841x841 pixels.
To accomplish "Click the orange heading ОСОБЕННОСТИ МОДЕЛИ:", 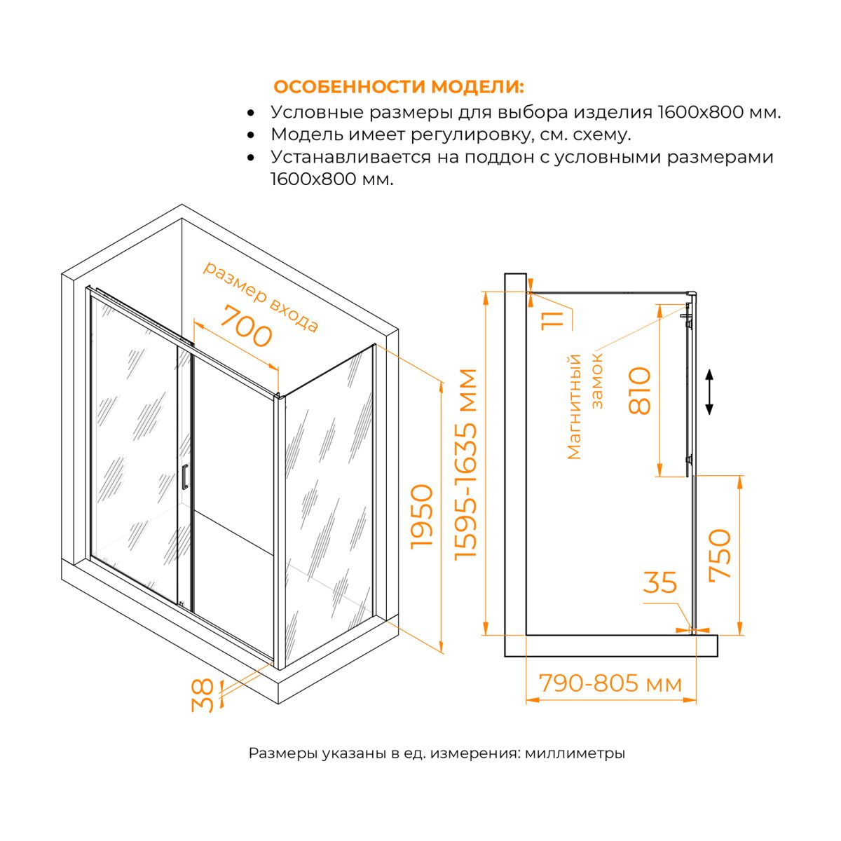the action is click(x=399, y=86).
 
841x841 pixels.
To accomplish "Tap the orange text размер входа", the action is click(x=261, y=296).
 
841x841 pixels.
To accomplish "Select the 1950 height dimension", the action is click(x=422, y=516).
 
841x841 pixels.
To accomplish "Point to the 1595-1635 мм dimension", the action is click(x=465, y=465).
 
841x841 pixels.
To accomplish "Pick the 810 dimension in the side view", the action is click(x=639, y=390).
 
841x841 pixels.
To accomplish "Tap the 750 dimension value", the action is click(x=720, y=554).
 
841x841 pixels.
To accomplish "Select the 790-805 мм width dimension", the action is click(x=610, y=683).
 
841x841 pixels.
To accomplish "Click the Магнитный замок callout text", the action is click(x=584, y=407).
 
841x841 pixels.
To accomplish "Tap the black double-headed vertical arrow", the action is click(x=709, y=392).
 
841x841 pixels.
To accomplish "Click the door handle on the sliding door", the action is click(x=184, y=477).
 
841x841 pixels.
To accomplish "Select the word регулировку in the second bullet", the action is click(x=472, y=135).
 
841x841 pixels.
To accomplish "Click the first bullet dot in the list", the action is click(x=250, y=113).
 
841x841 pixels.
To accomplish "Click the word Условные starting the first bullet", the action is click(x=317, y=112).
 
